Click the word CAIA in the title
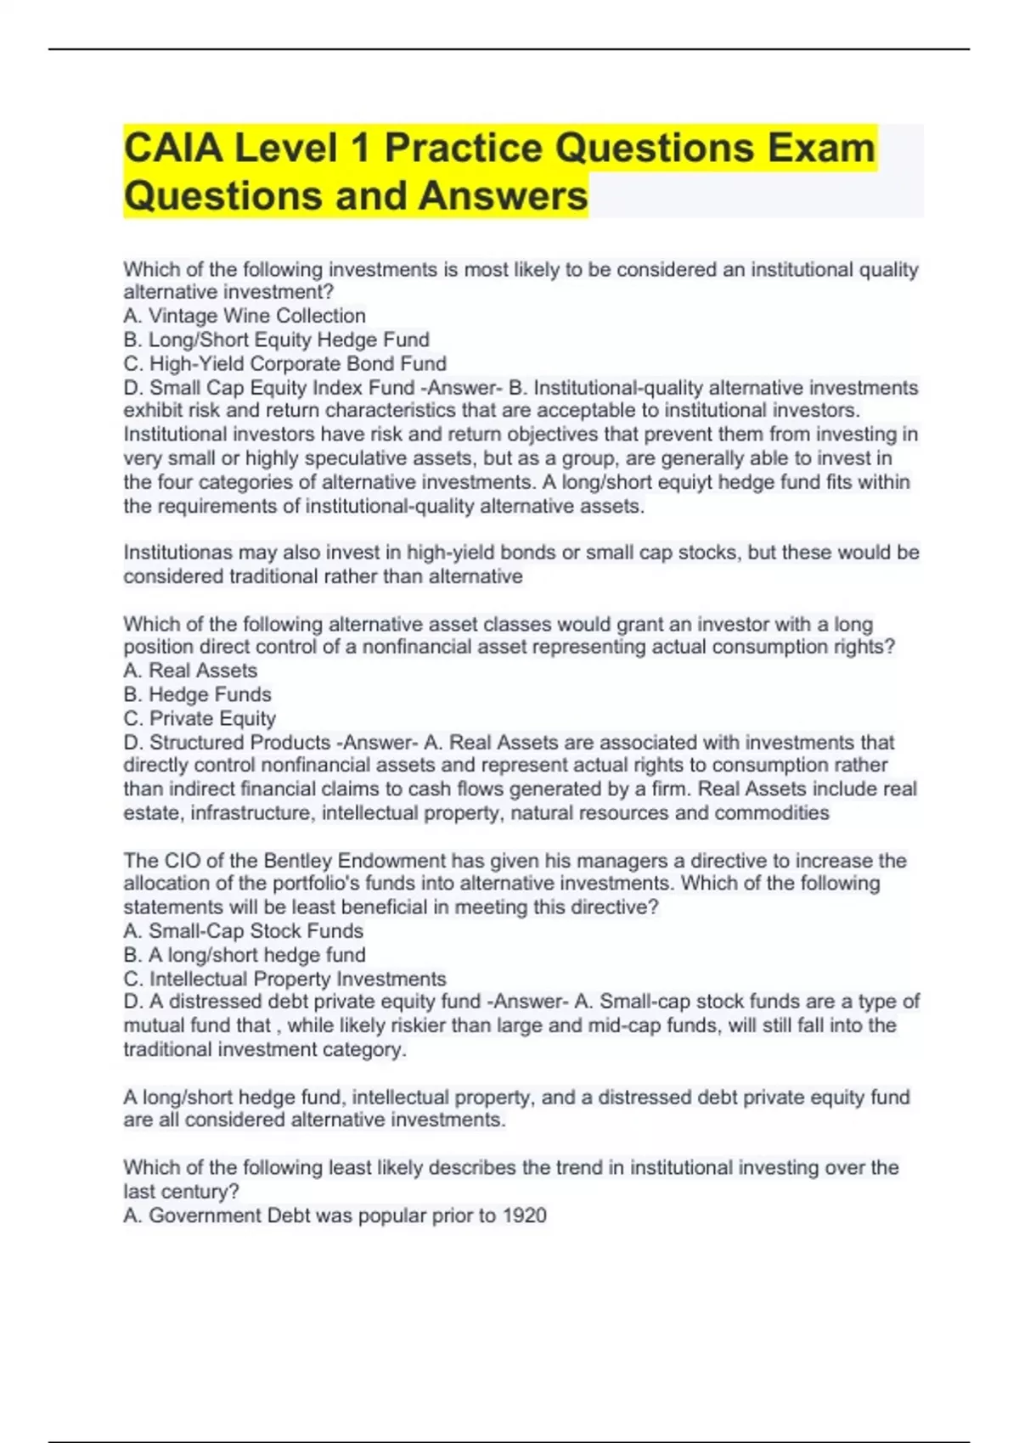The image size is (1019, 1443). pyautogui.click(x=174, y=149)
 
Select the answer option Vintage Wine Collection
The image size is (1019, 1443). pyautogui.click(x=256, y=316)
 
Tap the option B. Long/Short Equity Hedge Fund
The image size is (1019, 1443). pyautogui.click(x=276, y=340)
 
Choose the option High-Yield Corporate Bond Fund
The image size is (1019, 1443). pyautogui.click(x=284, y=363)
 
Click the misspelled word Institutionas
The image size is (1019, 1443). pyautogui.click(x=177, y=553)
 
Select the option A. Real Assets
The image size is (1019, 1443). pyautogui.click(x=190, y=671)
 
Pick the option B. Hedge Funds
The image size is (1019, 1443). pyautogui.click(x=197, y=694)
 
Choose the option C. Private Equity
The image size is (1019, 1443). pyautogui.click(x=200, y=718)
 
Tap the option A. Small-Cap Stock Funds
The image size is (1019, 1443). pyautogui.click(x=243, y=931)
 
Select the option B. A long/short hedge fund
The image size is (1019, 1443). pyautogui.click(x=245, y=955)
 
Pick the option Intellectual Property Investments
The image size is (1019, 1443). pyautogui.click(x=297, y=979)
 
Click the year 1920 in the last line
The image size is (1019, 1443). pyautogui.click(x=524, y=1216)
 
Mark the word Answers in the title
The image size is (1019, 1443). pyautogui.click(x=502, y=196)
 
